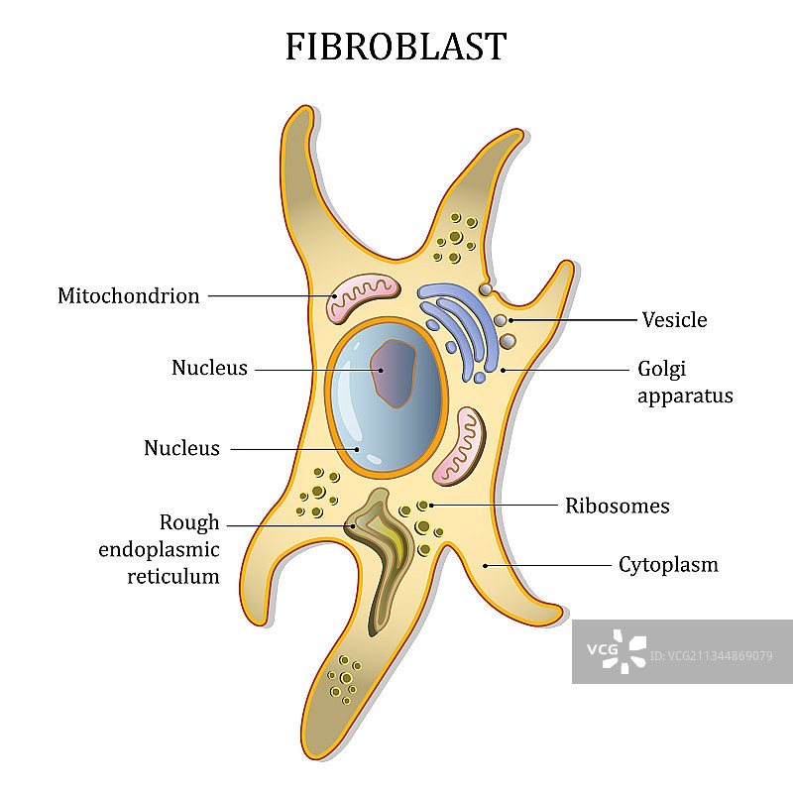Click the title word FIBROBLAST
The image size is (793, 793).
tap(396, 47)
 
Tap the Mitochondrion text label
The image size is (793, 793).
tap(128, 295)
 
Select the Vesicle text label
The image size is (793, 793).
tap(674, 319)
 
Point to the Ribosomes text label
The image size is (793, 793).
tap(617, 506)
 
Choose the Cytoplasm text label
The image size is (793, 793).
tap(668, 565)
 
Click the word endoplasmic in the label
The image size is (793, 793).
tap(159, 549)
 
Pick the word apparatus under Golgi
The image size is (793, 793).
tap(685, 396)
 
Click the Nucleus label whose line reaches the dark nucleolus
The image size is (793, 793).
tap(209, 368)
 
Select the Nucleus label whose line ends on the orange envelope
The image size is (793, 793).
tap(181, 448)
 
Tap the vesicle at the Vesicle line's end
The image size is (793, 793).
tap(503, 320)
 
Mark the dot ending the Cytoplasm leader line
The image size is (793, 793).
tap(485, 566)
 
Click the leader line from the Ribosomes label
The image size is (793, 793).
tap(496, 505)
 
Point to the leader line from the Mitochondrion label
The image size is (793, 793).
tap(268, 295)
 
